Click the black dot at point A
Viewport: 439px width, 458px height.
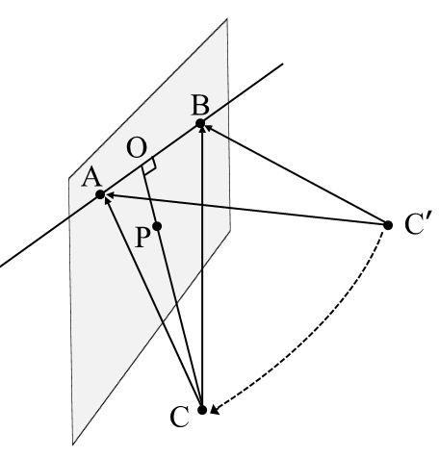click(100, 195)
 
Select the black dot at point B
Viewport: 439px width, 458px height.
click(200, 123)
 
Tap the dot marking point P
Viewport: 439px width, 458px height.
click(157, 228)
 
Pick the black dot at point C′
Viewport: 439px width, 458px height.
click(388, 225)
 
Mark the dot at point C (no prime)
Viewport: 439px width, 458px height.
click(201, 410)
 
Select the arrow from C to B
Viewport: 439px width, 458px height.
click(201, 269)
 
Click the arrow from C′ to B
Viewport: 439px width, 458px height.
click(294, 174)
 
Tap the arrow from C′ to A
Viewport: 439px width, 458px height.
click(245, 211)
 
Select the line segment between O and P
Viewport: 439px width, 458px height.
click(151, 197)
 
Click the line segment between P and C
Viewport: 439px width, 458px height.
click(179, 318)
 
